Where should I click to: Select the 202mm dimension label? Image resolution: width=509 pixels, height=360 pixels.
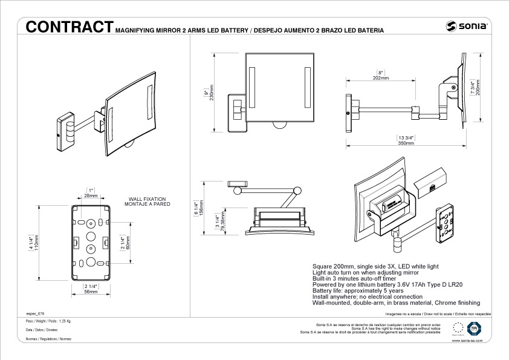[380, 77]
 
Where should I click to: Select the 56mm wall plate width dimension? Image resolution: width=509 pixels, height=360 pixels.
[91, 292]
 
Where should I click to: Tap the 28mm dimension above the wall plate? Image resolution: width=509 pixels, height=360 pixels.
[91, 196]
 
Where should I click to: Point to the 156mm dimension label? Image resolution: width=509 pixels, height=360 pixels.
[202, 208]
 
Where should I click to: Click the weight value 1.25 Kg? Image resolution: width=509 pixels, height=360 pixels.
[65, 321]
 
